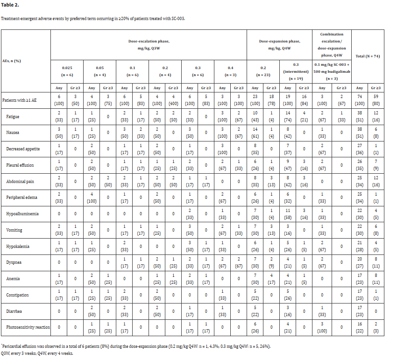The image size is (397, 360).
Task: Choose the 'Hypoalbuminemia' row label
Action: (22, 213)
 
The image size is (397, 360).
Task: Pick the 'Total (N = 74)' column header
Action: (368, 56)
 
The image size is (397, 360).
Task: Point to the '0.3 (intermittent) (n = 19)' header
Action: (295, 71)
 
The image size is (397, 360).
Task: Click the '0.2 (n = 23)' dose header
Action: (262, 71)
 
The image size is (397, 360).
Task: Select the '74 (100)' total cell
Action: (360, 99)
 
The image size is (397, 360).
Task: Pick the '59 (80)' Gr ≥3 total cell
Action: (376, 99)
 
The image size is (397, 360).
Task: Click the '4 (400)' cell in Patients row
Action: (173, 99)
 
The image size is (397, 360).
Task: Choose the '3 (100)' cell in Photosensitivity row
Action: (322, 327)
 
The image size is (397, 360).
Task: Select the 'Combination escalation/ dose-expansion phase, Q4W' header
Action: (332, 44)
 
